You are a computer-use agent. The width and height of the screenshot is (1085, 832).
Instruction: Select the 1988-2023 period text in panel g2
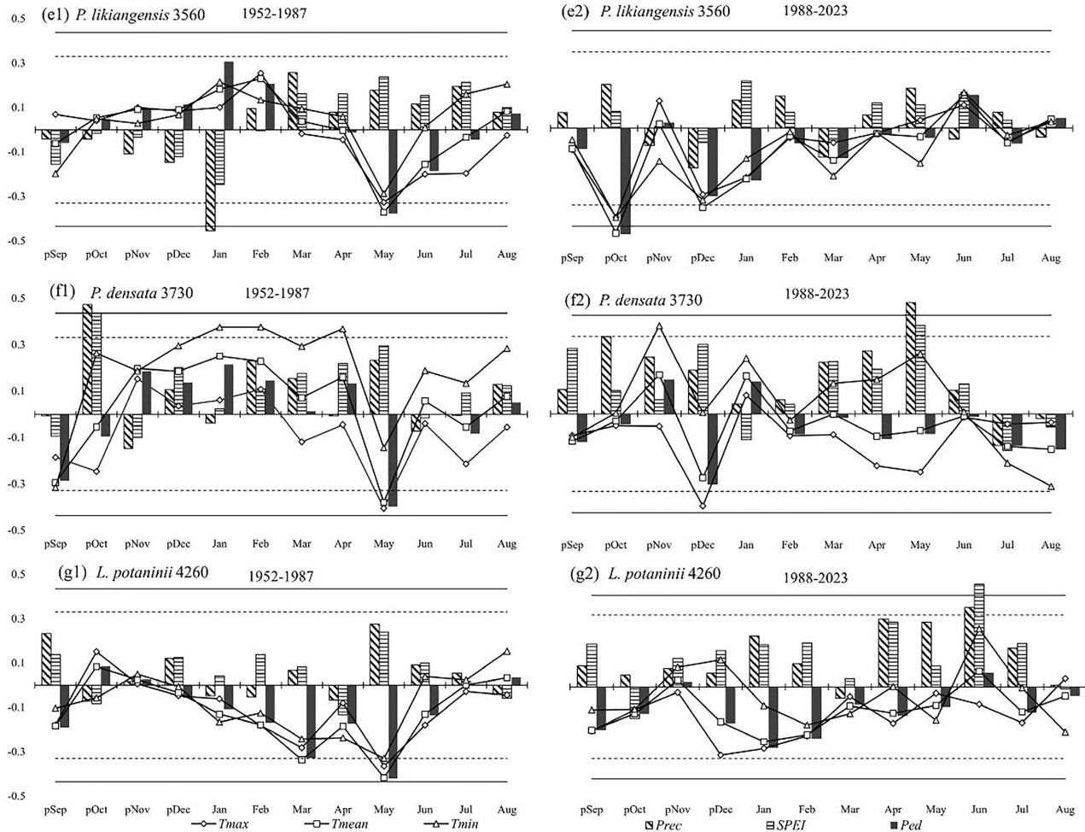[816, 578]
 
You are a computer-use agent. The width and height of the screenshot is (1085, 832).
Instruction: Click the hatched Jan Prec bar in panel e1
[210, 179]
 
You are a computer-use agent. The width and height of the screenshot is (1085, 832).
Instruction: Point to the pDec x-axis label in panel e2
[703, 258]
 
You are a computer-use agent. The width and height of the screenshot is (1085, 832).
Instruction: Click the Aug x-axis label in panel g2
[1065, 809]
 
